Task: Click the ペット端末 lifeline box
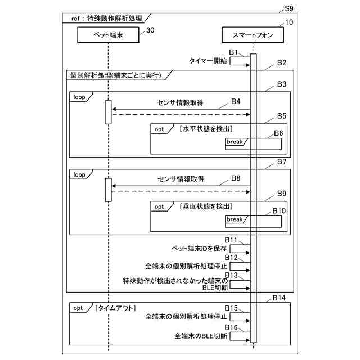pyautogui.click(x=107, y=35)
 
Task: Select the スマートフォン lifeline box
pyautogui.click(x=253, y=35)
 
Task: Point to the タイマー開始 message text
pyautogui.click(x=208, y=60)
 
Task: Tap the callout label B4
pyautogui.click(x=236, y=101)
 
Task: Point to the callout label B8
pyautogui.click(x=236, y=178)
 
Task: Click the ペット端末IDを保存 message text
pyautogui.click(x=199, y=247)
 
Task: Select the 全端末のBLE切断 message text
pyautogui.click(x=201, y=336)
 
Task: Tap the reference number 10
pyautogui.click(x=289, y=22)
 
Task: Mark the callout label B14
pyautogui.click(x=279, y=297)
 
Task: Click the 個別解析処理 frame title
pyautogui.click(x=115, y=75)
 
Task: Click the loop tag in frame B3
pyautogui.click(x=79, y=97)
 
